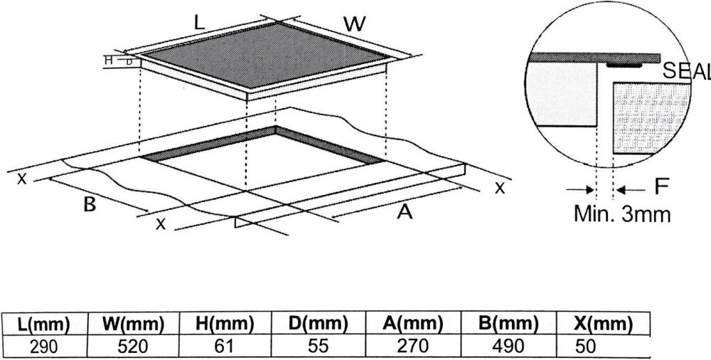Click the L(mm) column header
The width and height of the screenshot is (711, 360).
tap(43, 324)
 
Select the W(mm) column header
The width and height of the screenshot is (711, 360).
tap(133, 324)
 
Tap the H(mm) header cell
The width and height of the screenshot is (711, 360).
tap(225, 324)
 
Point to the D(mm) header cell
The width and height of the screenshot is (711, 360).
tap(319, 324)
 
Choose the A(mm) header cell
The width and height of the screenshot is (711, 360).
tap(412, 324)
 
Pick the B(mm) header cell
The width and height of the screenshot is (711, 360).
tap(508, 324)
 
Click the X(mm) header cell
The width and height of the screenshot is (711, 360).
tap(603, 324)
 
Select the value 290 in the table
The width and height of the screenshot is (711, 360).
tap(44, 346)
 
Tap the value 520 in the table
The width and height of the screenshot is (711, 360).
tap(133, 346)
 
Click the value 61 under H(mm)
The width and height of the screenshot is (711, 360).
tap(224, 346)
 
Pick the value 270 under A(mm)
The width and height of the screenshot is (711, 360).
tap(412, 346)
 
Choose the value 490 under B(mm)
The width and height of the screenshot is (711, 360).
tap(509, 346)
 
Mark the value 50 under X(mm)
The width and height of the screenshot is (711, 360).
tap(585, 346)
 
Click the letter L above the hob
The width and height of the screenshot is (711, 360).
tap(200, 23)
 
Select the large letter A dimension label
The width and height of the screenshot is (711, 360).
tap(405, 211)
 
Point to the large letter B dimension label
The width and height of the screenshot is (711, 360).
tap(90, 205)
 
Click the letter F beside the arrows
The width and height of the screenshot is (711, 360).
tap(662, 187)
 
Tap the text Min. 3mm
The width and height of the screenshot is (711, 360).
tap(622, 214)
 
